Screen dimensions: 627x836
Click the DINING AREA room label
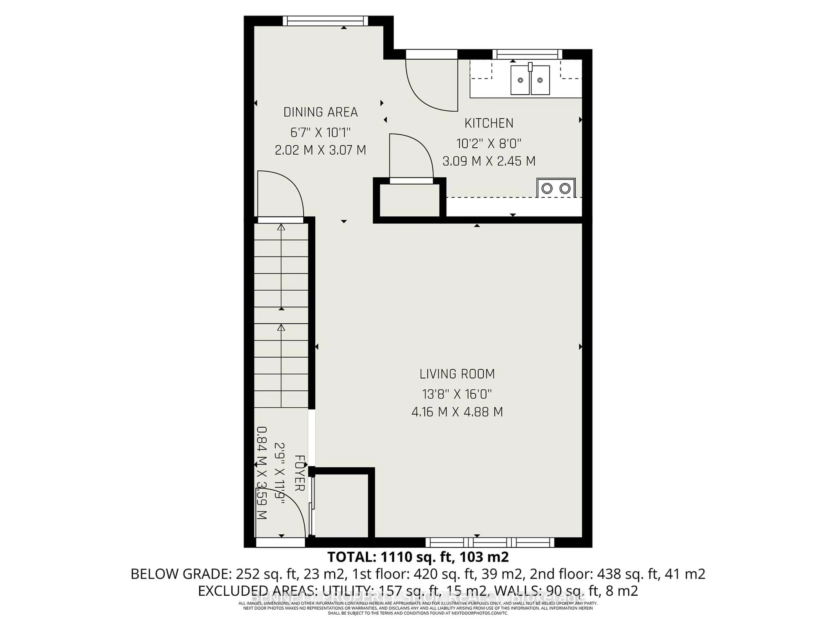320,112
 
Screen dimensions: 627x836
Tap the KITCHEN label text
489,123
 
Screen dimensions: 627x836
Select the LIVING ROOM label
457,374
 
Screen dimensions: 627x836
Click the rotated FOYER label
299,473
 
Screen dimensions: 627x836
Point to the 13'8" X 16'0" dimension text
457,394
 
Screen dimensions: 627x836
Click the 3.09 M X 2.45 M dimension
489,161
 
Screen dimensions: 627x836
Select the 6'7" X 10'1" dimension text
320,133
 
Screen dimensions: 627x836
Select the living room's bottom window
490,542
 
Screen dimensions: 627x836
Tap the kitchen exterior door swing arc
427,91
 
